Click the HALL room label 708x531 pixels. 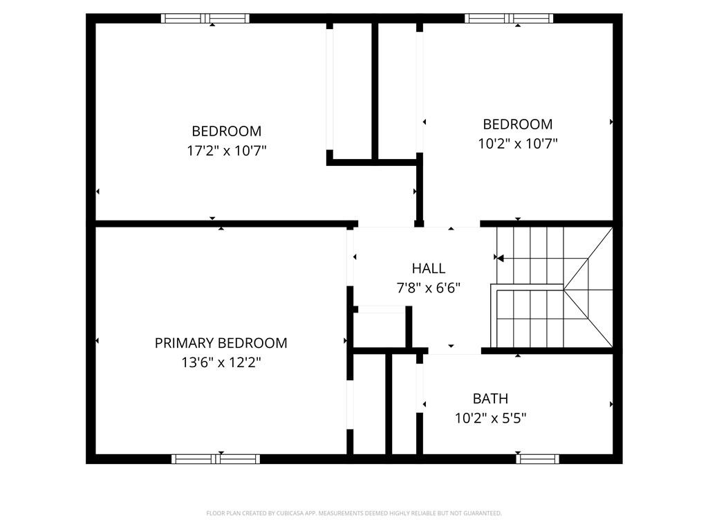pyautogui.click(x=429, y=268)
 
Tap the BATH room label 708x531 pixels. pyautogui.click(x=490, y=399)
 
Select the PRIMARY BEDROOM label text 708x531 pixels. pyautogui.click(x=221, y=343)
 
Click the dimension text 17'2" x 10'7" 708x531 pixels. pyautogui.click(x=227, y=151)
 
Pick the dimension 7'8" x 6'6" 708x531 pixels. pyautogui.click(x=429, y=288)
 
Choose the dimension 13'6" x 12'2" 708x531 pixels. pyautogui.click(x=221, y=362)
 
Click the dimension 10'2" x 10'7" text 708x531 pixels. pyautogui.click(x=517, y=144)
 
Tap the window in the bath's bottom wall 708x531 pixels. pyautogui.click(x=538, y=458)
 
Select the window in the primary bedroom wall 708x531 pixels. pyautogui.click(x=216, y=458)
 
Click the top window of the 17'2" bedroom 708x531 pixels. pyautogui.click(x=205, y=19)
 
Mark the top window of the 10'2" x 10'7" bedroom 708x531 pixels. pyautogui.click(x=509, y=19)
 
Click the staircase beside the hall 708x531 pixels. pyautogui.click(x=553, y=287)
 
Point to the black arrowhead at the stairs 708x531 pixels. pyautogui.click(x=500, y=259)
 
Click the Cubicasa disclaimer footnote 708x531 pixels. pyautogui.click(x=354, y=513)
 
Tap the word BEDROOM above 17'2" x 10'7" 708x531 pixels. pyautogui.click(x=227, y=131)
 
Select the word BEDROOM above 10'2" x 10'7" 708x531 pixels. pyautogui.click(x=517, y=124)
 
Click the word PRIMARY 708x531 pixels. pyautogui.click(x=184, y=343)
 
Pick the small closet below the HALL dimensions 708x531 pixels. pyautogui.click(x=381, y=328)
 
